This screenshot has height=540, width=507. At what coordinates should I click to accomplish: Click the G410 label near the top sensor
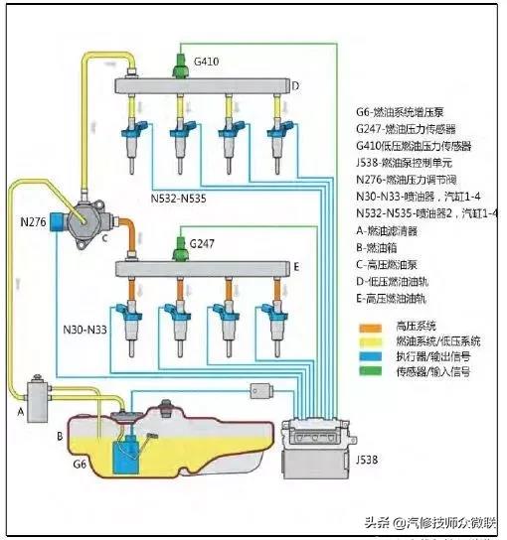pyautogui.click(x=207, y=62)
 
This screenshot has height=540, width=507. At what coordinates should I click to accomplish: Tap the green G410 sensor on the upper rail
pyautogui.click(x=179, y=65)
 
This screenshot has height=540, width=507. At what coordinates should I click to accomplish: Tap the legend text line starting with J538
pyautogui.click(x=408, y=163)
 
